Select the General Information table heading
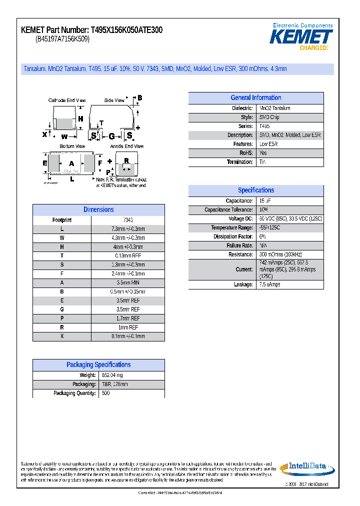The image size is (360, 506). pos(255,98)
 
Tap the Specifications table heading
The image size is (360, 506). pos(255,190)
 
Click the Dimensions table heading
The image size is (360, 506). pos(98,210)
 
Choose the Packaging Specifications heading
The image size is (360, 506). pos(98,365)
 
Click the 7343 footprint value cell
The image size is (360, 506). pos(127,220)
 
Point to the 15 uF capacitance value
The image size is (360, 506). pos(265,201)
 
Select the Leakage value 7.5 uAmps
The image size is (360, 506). pos(270,284)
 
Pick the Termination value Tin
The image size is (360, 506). pos(263,162)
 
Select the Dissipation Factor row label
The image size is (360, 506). pos(233,237)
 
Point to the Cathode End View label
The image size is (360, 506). pos(67,100)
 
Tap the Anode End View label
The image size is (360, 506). pos(127,146)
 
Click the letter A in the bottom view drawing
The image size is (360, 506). pos(71,163)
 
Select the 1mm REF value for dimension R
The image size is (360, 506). pos(127,327)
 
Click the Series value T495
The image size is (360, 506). pos(264,126)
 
